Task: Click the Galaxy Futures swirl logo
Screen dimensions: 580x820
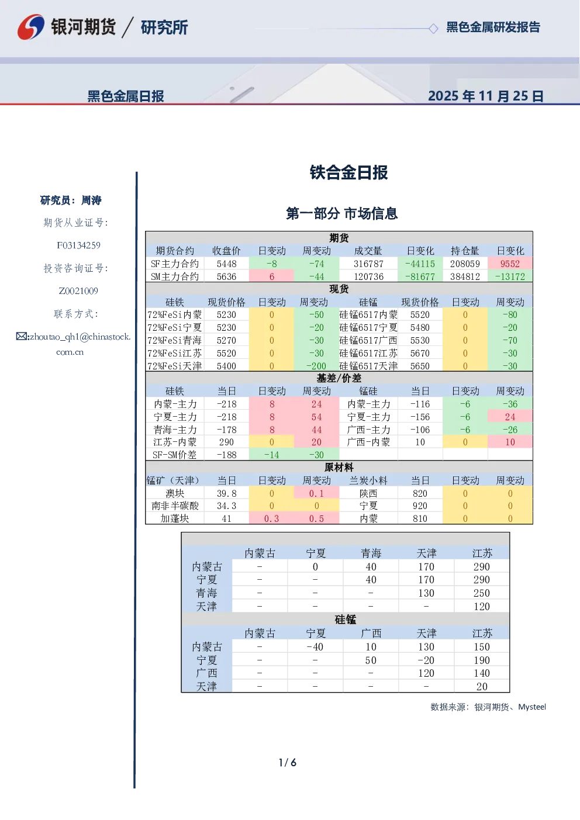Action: click(31, 27)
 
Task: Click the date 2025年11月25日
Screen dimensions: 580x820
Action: click(485, 96)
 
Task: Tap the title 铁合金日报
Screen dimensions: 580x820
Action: click(348, 172)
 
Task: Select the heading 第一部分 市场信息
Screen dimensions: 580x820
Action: click(341, 213)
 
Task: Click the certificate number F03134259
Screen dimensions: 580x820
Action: click(78, 245)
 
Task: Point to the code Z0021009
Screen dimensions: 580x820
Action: click(78, 291)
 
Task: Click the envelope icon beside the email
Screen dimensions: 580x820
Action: click(22, 336)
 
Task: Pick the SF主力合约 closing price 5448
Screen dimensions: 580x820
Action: click(226, 264)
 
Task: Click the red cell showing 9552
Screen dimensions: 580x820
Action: click(510, 264)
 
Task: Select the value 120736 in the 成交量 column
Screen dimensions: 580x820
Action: click(368, 276)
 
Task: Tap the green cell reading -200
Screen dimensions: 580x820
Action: click(316, 366)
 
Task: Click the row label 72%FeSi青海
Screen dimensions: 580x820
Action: click(175, 340)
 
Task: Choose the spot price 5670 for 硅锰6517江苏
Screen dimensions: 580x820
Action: click(420, 353)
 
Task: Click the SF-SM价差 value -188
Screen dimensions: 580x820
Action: click(226, 455)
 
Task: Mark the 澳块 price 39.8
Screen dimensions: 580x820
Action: click(226, 493)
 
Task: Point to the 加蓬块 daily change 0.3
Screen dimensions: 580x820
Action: click(271, 518)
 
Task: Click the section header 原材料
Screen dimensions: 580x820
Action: click(339, 467)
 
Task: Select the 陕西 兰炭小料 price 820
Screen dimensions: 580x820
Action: click(420, 493)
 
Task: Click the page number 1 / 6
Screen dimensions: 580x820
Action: click(288, 762)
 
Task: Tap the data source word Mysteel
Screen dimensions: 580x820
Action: click(531, 707)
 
